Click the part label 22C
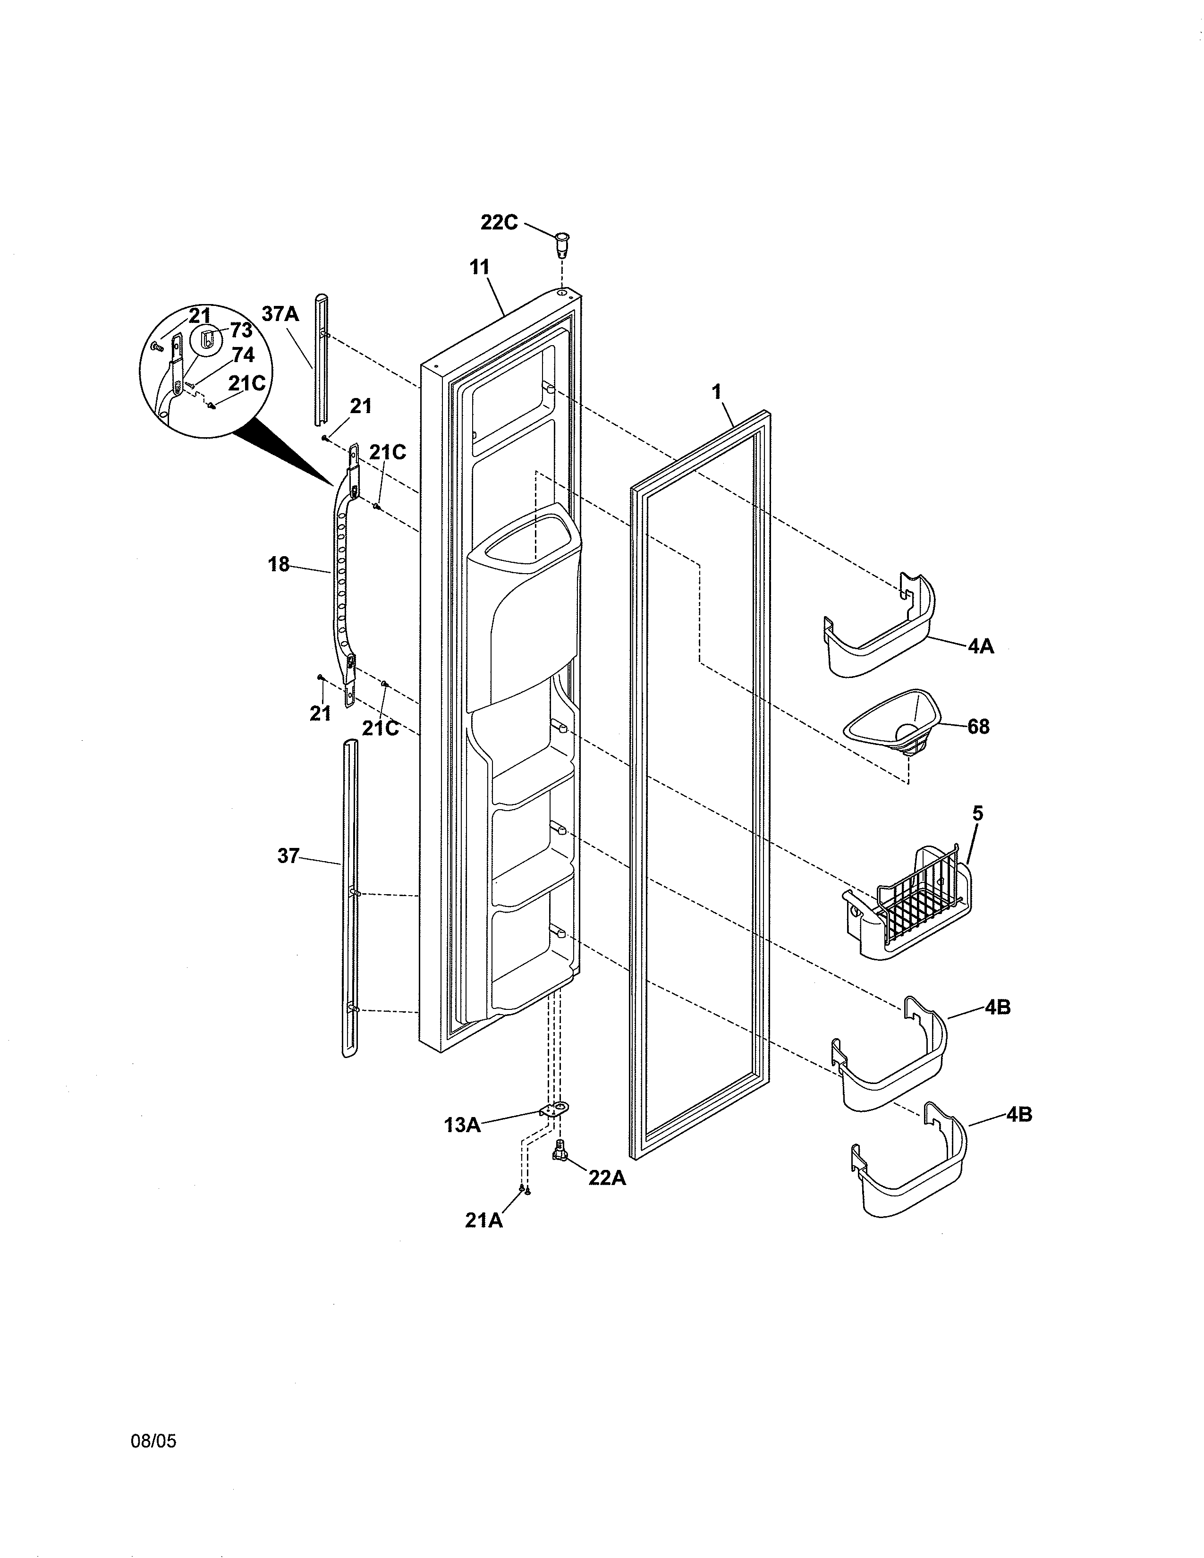tap(499, 222)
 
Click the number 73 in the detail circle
tap(241, 331)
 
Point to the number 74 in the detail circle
tap(243, 355)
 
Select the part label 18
tap(279, 565)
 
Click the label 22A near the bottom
tap(607, 1178)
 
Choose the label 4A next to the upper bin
tap(981, 647)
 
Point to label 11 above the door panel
tap(479, 268)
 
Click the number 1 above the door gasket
tap(716, 392)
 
